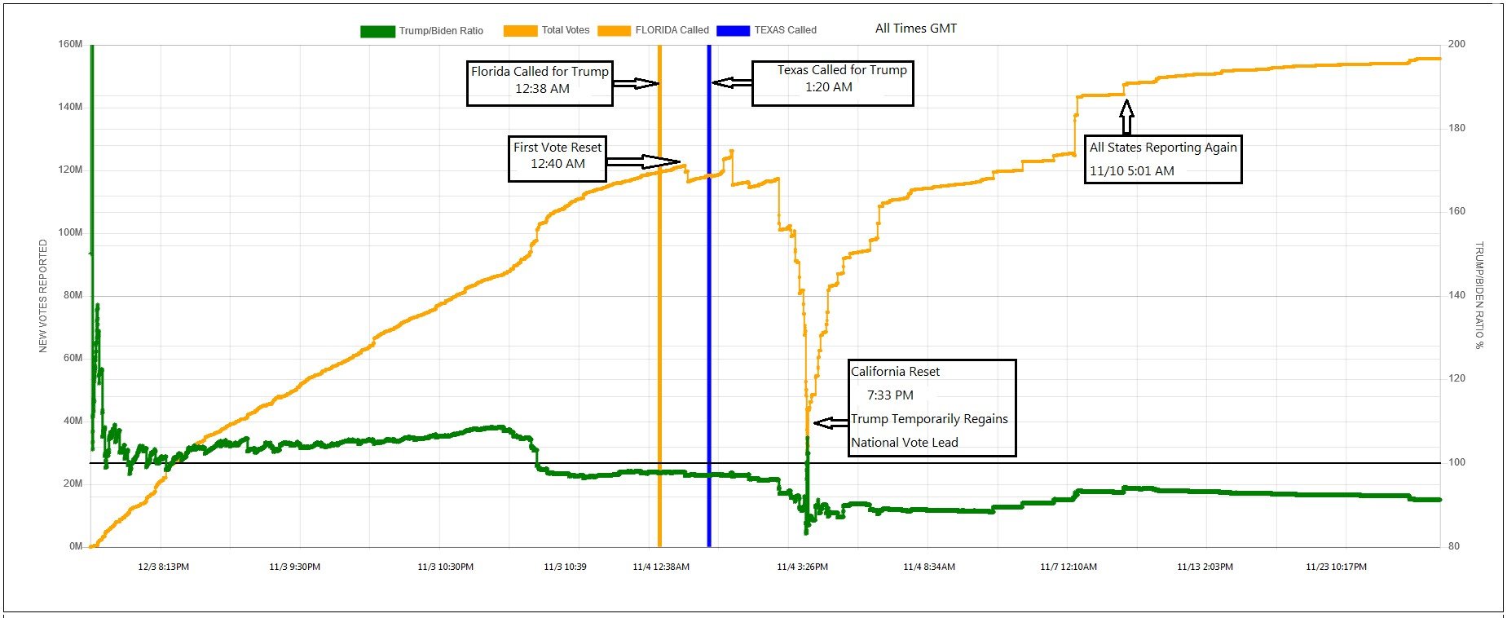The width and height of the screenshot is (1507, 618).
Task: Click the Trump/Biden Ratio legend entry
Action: click(x=422, y=31)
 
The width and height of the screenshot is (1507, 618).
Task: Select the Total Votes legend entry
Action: click(x=547, y=30)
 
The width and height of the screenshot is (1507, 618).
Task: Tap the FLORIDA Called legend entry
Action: click(x=654, y=30)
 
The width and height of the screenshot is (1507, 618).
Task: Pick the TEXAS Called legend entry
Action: click(x=767, y=30)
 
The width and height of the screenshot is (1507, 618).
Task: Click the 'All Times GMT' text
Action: click(x=915, y=29)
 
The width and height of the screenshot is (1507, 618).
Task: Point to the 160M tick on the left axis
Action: click(x=70, y=44)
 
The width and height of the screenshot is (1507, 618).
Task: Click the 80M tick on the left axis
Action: click(x=73, y=295)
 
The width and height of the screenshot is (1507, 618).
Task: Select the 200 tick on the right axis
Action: click(x=1456, y=44)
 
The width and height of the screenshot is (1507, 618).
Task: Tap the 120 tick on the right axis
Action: click(x=1456, y=378)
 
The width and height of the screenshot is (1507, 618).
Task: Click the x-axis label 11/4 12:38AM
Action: click(x=661, y=567)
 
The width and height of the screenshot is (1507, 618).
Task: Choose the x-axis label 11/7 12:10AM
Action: click(x=1069, y=567)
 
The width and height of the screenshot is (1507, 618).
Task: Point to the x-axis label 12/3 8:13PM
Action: click(x=163, y=567)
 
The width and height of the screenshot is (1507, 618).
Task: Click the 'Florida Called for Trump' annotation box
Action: click(x=540, y=83)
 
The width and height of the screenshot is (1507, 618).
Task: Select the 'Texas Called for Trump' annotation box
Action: click(x=832, y=83)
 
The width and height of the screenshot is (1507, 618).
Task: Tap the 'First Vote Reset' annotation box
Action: click(x=557, y=158)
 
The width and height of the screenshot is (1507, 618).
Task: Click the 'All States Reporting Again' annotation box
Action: click(x=1163, y=159)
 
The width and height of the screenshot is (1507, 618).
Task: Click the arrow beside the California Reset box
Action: click(x=831, y=422)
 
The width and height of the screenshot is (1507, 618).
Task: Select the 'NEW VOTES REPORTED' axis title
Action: click(x=43, y=296)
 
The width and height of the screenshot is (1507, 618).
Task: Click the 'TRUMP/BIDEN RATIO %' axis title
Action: click(x=1478, y=295)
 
